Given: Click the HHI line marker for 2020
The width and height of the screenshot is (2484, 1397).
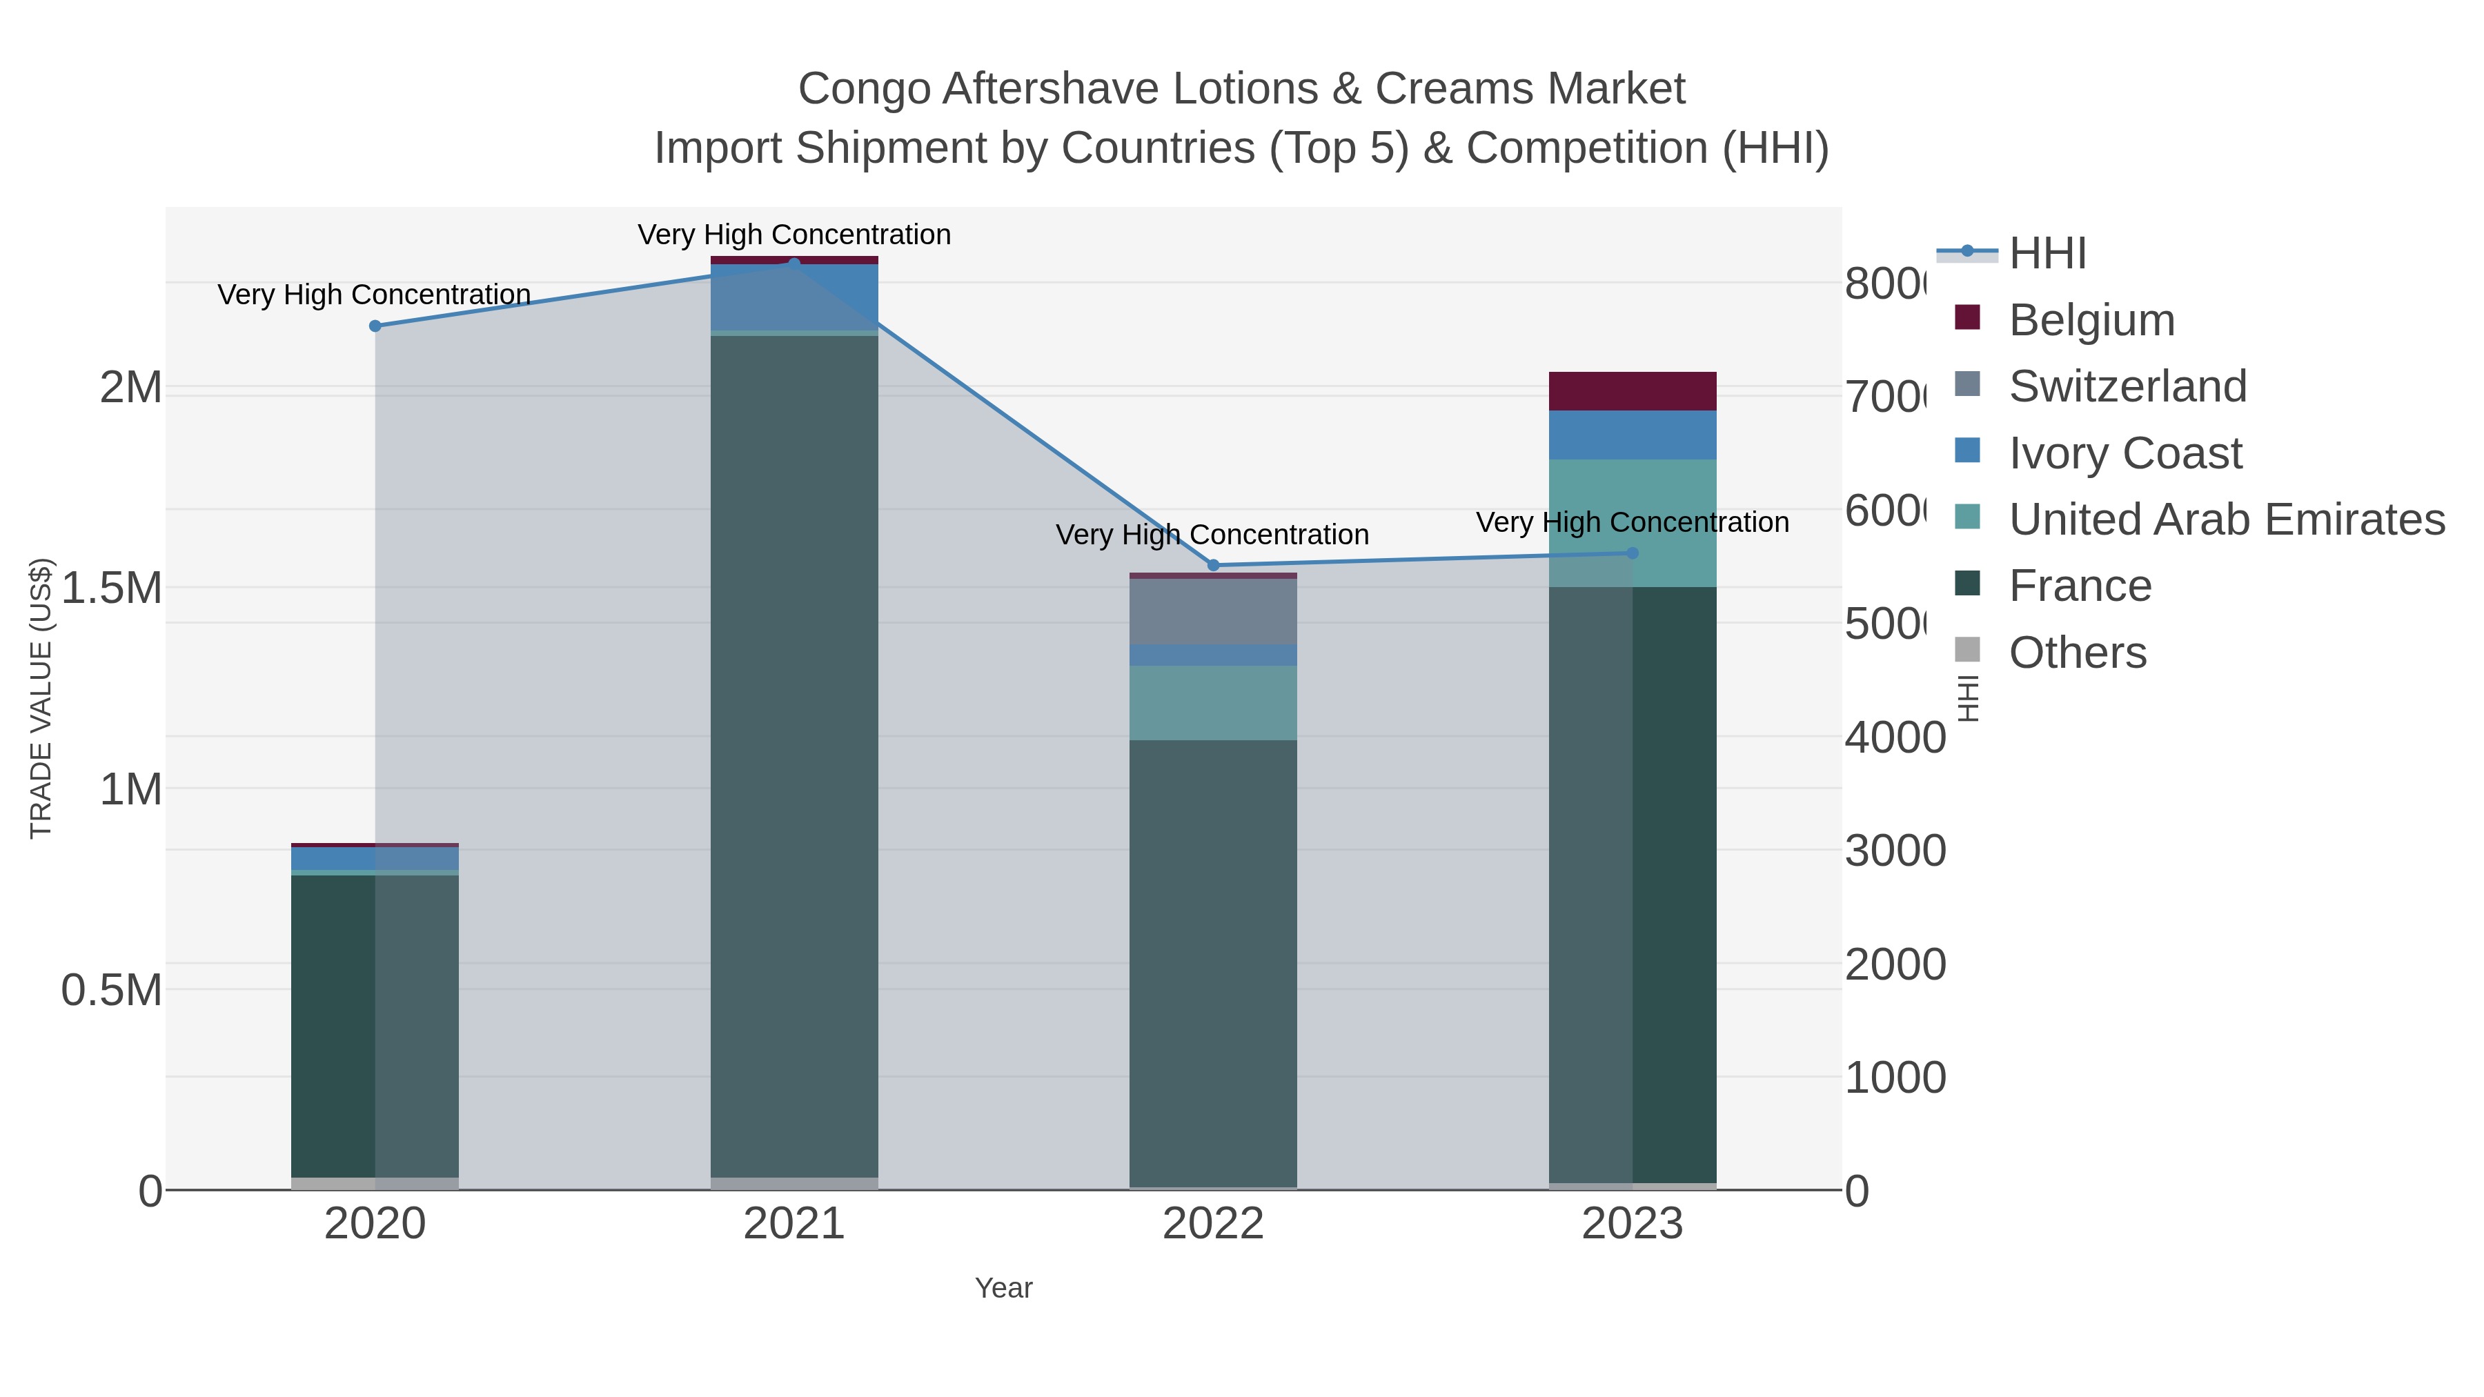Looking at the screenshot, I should [x=375, y=326].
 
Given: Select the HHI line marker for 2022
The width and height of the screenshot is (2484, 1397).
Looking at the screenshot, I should [x=1213, y=565].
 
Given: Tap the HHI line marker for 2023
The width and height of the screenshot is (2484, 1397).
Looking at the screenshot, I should [x=1632, y=553].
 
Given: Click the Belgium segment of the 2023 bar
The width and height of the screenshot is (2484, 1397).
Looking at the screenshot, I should [x=1632, y=391].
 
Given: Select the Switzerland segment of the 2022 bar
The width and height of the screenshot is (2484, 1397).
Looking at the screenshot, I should [x=1213, y=611].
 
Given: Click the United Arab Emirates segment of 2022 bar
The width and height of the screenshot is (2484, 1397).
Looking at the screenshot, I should [x=1213, y=703].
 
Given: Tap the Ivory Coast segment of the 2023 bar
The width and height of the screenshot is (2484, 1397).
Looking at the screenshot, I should [x=1632, y=435].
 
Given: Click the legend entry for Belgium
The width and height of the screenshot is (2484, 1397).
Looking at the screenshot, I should [x=2091, y=320].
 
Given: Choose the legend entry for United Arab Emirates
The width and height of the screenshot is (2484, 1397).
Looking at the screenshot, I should [x=2225, y=519].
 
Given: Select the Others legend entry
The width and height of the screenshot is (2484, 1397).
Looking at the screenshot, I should [x=2077, y=653].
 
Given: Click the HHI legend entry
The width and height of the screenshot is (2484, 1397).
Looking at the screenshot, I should [x=2047, y=254].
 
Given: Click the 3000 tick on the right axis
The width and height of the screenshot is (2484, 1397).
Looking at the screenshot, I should [x=1895, y=851].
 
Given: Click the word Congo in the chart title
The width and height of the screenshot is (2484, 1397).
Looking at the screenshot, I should [x=864, y=89].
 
